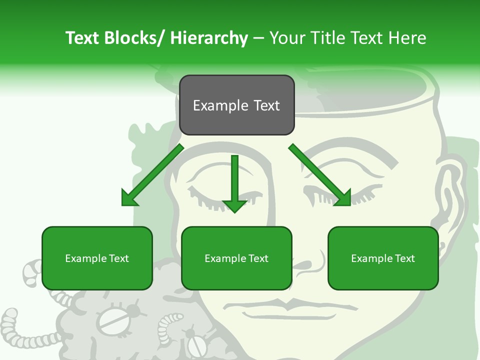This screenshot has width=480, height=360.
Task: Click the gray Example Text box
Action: [236, 105]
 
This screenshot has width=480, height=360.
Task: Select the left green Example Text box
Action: [97, 258]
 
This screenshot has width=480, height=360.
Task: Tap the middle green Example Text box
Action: [236, 258]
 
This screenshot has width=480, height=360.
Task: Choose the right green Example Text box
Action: [383, 258]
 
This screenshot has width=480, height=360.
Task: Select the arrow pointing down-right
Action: [320, 175]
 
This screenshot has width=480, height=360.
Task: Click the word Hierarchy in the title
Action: [209, 38]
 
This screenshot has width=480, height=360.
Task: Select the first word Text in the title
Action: [83, 38]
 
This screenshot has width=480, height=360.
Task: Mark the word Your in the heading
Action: [287, 38]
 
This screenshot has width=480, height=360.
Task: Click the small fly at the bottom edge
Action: [196, 345]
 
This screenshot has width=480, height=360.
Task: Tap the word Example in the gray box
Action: [214, 105]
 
